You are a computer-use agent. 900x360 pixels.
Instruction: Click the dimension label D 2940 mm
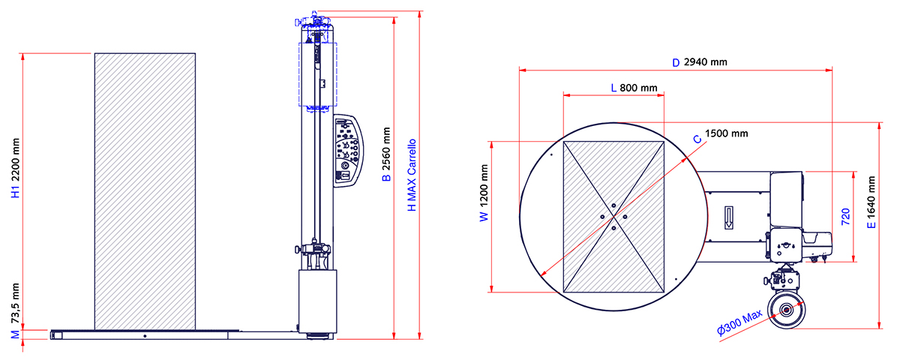[700, 62]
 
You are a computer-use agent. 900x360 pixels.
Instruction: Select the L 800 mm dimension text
[634, 88]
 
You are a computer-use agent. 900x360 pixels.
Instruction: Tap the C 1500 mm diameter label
[721, 136]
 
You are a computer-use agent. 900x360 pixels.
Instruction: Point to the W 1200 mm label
[484, 193]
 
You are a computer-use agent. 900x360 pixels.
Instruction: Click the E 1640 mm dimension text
[871, 202]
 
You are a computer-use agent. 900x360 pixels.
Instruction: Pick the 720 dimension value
[846, 217]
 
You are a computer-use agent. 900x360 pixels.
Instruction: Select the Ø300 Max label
[739, 322]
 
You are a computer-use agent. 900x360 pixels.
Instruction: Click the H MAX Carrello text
[412, 175]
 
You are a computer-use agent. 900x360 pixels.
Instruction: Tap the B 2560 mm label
[386, 154]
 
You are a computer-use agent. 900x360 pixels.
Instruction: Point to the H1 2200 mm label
[15, 168]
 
